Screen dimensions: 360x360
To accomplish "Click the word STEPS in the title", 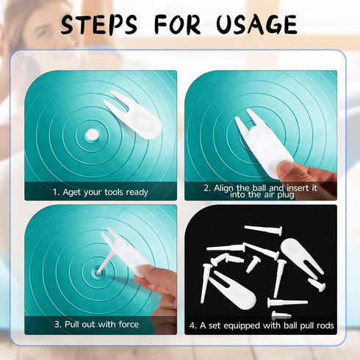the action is pos(99,24).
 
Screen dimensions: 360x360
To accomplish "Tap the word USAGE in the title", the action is pos(257,24).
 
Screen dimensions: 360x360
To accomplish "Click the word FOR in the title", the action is pos(177,24).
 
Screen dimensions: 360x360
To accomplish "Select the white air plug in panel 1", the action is pos(93,134).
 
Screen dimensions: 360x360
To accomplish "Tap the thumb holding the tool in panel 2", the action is pos(289,170).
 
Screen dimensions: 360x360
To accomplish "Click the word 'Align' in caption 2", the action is pos(223,188).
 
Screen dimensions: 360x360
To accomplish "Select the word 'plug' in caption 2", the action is pos(286,195).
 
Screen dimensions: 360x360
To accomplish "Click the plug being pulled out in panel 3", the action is pos(106,262).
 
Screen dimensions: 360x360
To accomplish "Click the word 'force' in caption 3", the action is pos(129,324).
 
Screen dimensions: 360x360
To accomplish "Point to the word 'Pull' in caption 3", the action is pos(72,324).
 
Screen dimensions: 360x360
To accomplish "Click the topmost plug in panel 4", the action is pos(264,230).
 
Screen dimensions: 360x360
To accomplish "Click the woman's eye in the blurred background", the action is pos(44,32).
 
